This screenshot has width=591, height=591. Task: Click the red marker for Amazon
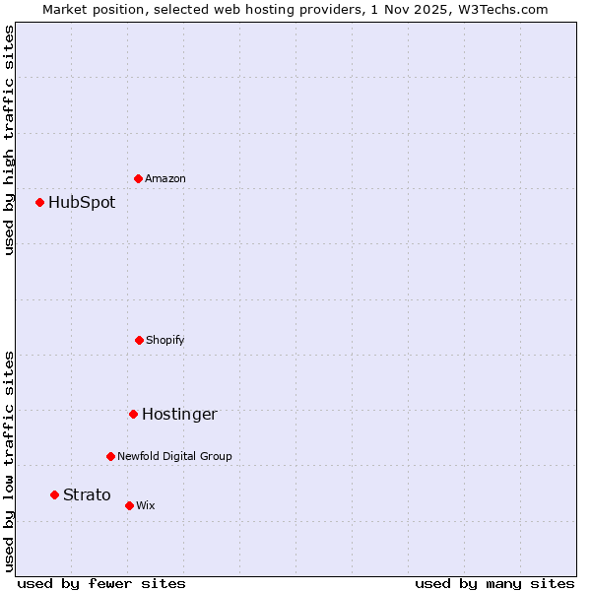click(x=138, y=178)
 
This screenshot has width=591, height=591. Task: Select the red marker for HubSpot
click(x=39, y=202)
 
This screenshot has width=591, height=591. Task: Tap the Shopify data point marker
click(x=139, y=340)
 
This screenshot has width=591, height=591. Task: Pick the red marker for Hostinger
click(x=133, y=414)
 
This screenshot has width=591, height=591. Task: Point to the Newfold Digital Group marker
click(x=110, y=456)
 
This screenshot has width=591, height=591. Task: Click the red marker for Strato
click(x=54, y=494)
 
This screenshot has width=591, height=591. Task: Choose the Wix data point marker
click(x=129, y=505)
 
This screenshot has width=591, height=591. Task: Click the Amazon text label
click(x=165, y=179)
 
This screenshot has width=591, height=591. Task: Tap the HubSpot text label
click(x=82, y=203)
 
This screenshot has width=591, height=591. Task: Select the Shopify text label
click(x=165, y=341)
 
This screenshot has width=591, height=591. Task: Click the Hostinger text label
click(x=179, y=415)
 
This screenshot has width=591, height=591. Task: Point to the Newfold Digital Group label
click(x=174, y=457)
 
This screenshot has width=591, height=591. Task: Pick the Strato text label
click(x=87, y=495)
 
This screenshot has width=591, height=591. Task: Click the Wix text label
click(x=146, y=506)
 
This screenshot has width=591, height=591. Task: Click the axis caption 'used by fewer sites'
click(x=101, y=584)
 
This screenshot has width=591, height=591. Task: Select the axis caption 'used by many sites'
click(x=494, y=584)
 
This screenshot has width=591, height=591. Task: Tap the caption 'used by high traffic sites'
click(x=9, y=140)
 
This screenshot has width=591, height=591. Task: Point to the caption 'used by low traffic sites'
click(x=9, y=460)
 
